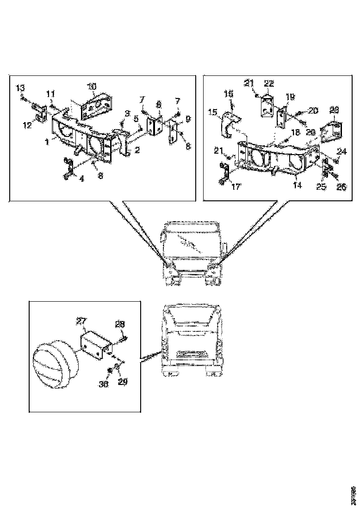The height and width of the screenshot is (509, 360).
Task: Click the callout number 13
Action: tap(20, 87)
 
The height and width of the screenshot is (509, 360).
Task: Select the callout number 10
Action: tap(92, 86)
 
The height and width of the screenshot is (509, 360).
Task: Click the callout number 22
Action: tap(269, 84)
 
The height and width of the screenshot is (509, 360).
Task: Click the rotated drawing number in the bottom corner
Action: tap(353, 493)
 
